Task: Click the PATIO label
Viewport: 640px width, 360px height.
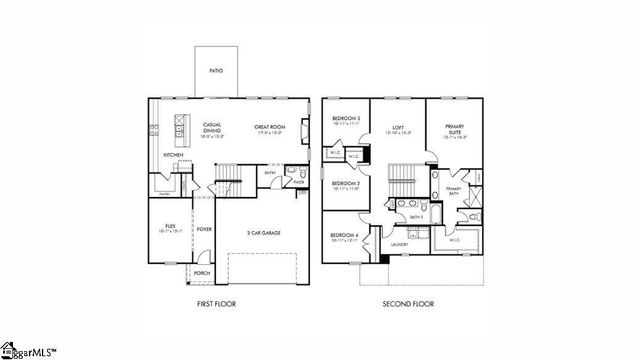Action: (x=215, y=71)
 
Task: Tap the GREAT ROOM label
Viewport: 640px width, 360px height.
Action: (x=271, y=127)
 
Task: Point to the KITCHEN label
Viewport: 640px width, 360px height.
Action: (x=173, y=154)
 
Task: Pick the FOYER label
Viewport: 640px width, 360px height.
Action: (x=204, y=229)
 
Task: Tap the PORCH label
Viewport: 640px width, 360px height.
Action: (x=202, y=272)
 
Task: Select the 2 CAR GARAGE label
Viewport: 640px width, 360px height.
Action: (x=261, y=232)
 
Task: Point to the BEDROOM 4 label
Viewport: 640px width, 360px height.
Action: (x=344, y=235)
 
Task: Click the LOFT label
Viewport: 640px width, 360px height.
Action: (x=397, y=128)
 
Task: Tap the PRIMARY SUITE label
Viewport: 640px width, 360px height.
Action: (x=453, y=129)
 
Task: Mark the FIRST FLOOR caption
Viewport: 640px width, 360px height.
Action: (x=215, y=303)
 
